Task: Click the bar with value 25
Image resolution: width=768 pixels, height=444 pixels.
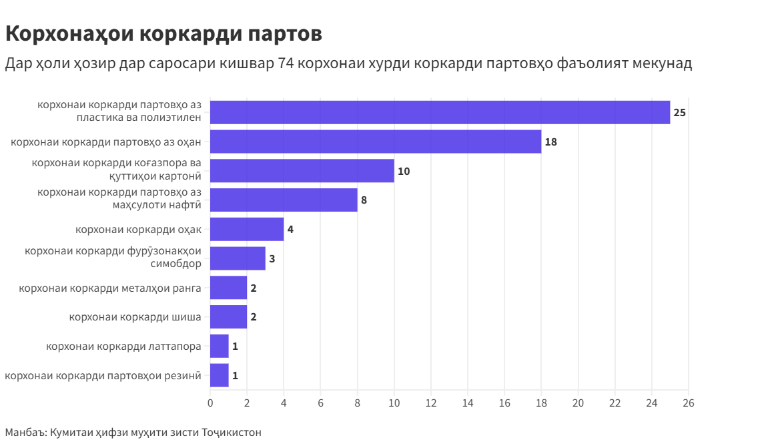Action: coord(440,112)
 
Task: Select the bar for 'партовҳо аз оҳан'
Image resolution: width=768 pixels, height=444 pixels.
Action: coord(376,142)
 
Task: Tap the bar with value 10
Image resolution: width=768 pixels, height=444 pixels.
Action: coord(302,171)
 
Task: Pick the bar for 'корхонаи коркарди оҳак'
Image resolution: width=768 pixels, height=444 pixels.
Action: coord(247,229)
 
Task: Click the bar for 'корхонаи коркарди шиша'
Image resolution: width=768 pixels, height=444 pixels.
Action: coord(228,316)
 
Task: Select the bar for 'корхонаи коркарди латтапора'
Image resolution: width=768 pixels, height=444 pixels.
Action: coord(220,346)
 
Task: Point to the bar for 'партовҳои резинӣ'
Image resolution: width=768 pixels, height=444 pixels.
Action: coord(220,375)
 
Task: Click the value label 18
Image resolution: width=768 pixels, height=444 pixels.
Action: coord(550,142)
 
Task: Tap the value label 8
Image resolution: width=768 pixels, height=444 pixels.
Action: coord(364,200)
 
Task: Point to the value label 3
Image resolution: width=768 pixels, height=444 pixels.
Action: coord(272,258)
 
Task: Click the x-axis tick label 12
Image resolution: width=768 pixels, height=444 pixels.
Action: coord(431,403)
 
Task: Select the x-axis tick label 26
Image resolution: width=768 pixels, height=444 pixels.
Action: coord(689,403)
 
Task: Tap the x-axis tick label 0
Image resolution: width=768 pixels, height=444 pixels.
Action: coord(210,403)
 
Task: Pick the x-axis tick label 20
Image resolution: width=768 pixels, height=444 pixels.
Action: coord(578,403)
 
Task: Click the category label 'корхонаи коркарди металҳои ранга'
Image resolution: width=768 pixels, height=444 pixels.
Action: coord(110,288)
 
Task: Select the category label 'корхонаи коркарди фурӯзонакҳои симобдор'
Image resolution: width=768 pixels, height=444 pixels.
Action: coord(113,257)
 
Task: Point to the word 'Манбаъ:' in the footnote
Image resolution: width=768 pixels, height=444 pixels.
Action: coord(25,432)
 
